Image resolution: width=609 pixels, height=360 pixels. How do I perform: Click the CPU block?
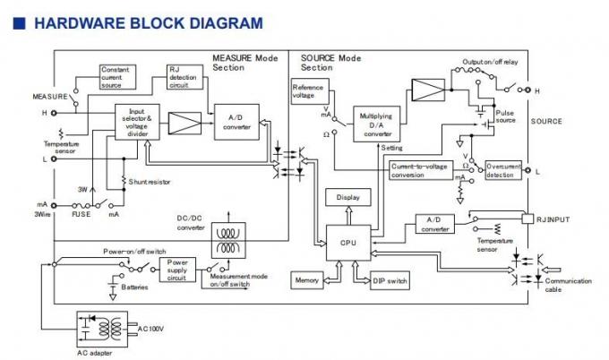coord(347,241)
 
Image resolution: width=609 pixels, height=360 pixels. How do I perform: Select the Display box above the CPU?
coord(347,197)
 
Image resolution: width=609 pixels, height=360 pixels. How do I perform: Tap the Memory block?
coord(306,280)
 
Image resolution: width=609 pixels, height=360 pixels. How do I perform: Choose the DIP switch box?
coord(389,280)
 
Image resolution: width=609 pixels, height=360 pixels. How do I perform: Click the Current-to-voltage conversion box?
coord(420,170)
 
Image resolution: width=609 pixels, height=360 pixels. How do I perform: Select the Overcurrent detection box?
coord(502,170)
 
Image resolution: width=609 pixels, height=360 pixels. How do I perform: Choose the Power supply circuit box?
coord(177,269)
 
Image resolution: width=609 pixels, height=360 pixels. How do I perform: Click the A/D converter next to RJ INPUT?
coord(434,224)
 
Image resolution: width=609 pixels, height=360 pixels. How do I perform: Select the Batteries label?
coord(135,287)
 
